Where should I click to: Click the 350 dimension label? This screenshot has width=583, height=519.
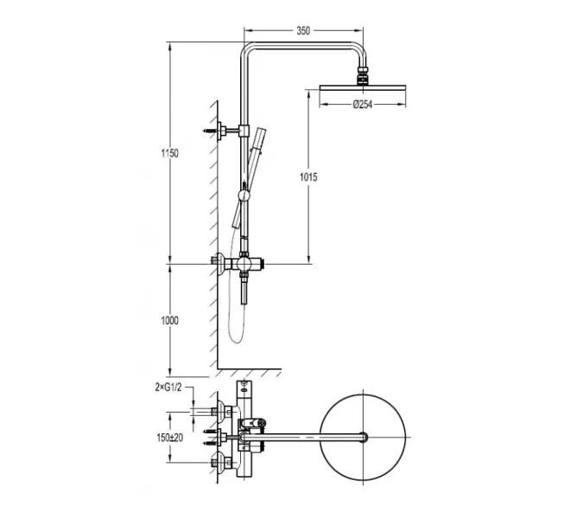click(x=303, y=30)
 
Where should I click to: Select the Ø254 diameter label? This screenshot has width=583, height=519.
click(x=363, y=105)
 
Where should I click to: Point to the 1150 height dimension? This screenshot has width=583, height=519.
click(x=169, y=153)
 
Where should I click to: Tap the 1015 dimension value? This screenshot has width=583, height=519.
click(x=308, y=177)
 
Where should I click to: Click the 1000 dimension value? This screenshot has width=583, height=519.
click(x=169, y=320)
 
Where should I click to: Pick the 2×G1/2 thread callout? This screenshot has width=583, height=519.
click(x=168, y=388)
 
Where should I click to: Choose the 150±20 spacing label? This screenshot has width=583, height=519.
click(x=170, y=438)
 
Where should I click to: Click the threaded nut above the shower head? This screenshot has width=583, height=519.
click(x=363, y=71)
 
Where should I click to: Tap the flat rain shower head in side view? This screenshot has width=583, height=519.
click(x=363, y=87)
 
